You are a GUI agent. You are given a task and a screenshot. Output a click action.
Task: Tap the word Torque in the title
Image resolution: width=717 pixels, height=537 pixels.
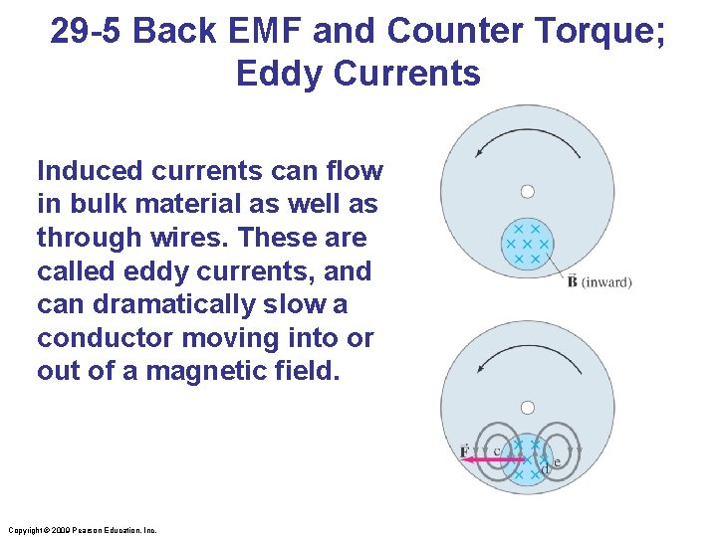click(x=591, y=32)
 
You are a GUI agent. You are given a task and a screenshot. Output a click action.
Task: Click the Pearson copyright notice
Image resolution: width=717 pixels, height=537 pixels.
click(x=81, y=530)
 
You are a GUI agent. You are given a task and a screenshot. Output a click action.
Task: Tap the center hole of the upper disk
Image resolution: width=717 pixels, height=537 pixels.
click(x=528, y=191)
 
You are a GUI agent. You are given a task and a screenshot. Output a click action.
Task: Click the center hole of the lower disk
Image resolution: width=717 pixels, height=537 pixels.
click(x=528, y=407)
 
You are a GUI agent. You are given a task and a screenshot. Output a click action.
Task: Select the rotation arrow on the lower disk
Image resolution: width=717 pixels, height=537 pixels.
click(x=527, y=355)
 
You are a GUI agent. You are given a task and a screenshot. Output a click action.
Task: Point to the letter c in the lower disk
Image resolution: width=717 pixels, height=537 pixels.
click(x=497, y=451)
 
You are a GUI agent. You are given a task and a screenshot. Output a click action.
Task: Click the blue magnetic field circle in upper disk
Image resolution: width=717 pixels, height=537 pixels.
click(x=528, y=244)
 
